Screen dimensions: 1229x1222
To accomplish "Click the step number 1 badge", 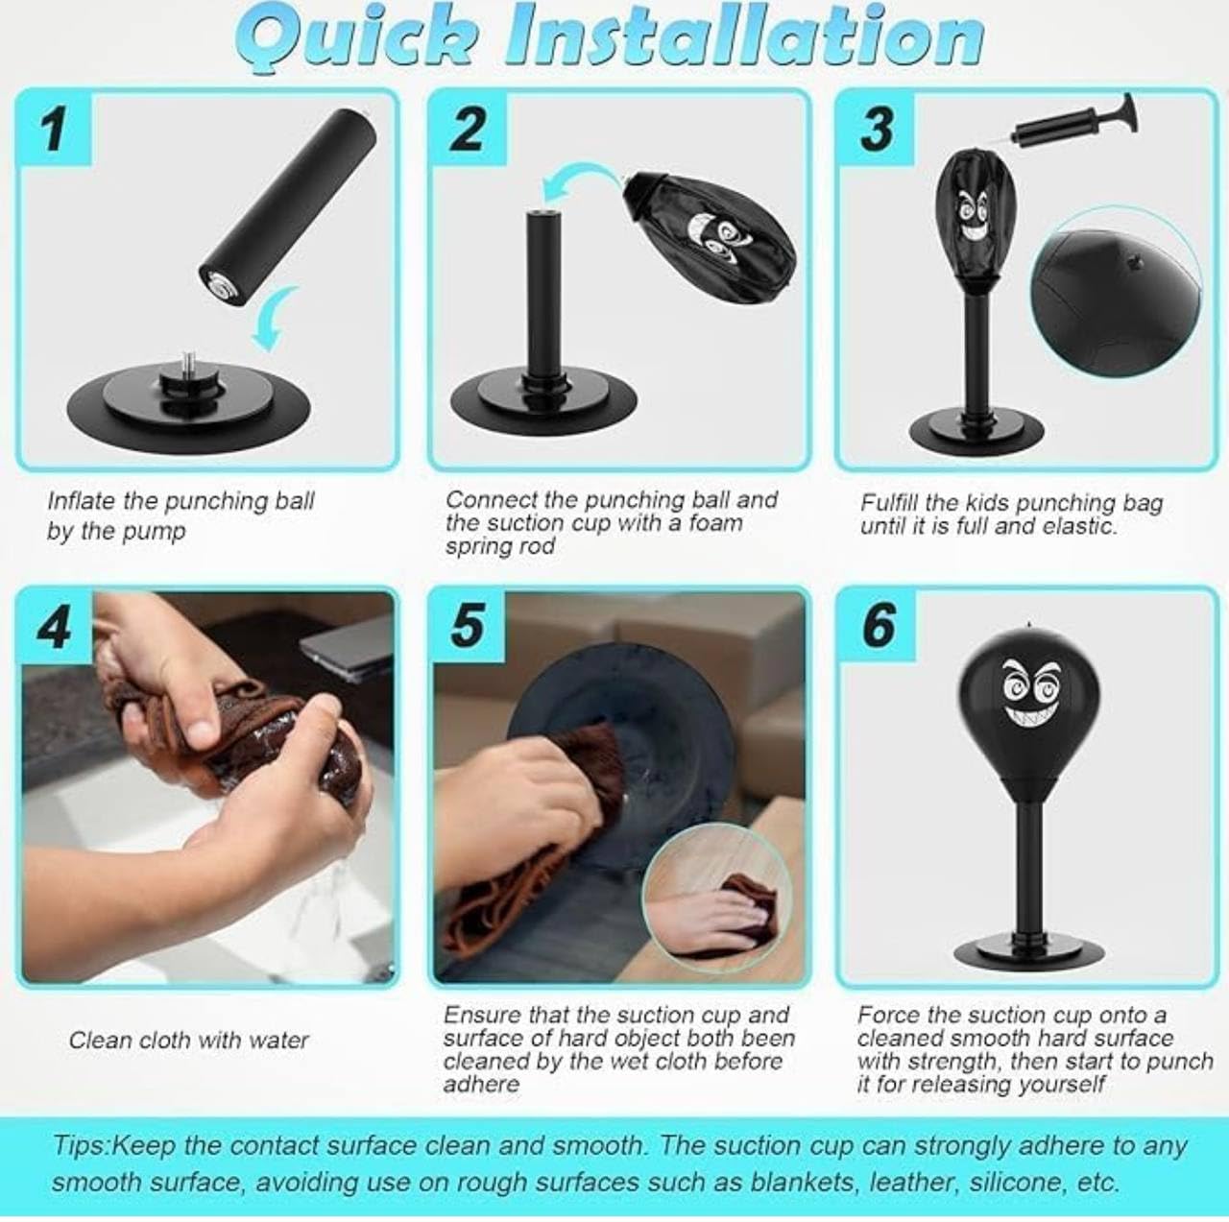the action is (54, 129).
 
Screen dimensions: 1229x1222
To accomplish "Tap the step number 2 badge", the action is (469, 129).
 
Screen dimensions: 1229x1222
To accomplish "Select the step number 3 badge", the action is (877, 129).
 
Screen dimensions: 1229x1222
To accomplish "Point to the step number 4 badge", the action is (54, 628).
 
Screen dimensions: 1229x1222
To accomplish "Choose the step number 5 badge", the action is (469, 628).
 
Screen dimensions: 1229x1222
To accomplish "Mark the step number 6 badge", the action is (877, 628).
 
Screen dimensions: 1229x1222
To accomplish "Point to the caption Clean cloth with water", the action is (189, 1041).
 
